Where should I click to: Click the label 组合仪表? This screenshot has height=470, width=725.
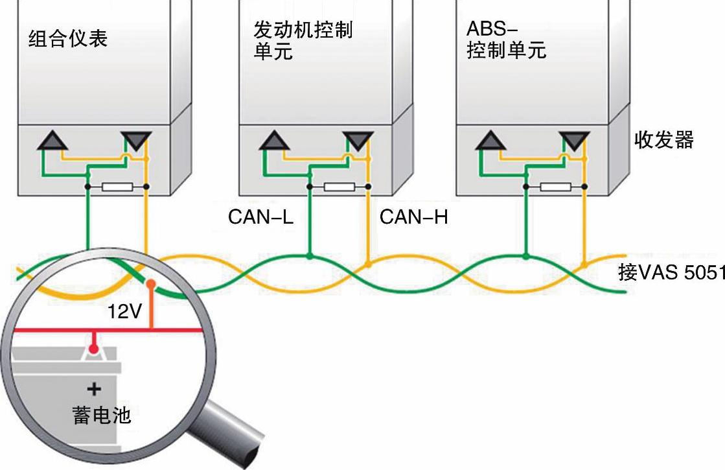[68, 39]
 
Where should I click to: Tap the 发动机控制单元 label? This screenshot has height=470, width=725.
[303, 40]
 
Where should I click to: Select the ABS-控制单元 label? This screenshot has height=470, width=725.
[506, 40]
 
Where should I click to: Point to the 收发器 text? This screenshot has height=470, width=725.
[664, 139]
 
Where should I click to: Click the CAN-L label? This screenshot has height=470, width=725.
[260, 217]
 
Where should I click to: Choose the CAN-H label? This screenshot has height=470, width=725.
[414, 217]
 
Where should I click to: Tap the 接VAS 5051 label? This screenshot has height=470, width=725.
[671, 272]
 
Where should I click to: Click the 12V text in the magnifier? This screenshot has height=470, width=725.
[124, 312]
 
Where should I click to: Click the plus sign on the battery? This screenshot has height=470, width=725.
[95, 389]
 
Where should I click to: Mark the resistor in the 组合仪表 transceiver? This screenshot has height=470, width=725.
[118, 187]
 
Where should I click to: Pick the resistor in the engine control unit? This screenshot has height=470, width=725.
[339, 187]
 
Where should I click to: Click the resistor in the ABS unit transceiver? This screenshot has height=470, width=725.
[555, 187]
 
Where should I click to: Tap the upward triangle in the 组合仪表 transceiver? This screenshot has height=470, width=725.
[52, 140]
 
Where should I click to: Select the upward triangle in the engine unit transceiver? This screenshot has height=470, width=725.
[275, 140]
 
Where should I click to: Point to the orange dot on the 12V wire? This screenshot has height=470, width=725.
[151, 284]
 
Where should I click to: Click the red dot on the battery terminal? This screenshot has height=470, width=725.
[95, 349]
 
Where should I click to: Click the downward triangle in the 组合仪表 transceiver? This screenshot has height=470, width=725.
[136, 140]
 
